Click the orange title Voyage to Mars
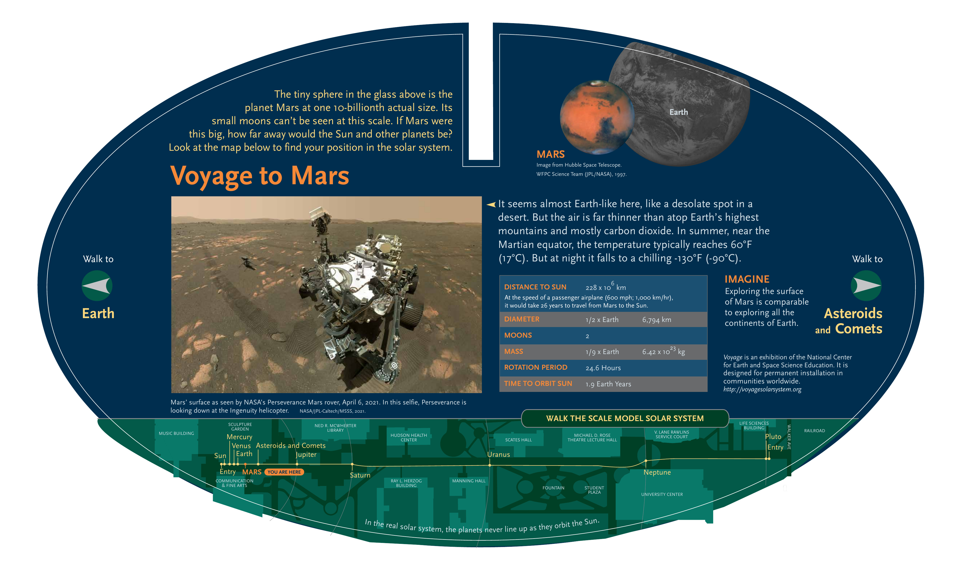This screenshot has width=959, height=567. tap(260, 176)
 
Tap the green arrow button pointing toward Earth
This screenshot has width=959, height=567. tap(97, 286)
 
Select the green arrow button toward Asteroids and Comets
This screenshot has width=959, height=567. tap(866, 286)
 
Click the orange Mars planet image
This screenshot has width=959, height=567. tap(597, 117)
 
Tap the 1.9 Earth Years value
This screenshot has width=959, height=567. tap(608, 384)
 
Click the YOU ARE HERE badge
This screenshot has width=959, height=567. tap(284, 472)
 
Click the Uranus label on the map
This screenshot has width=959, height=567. tap(498, 455)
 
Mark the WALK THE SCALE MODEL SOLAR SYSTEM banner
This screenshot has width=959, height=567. tap(625, 418)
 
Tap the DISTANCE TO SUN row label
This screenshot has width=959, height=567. tap(535, 287)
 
